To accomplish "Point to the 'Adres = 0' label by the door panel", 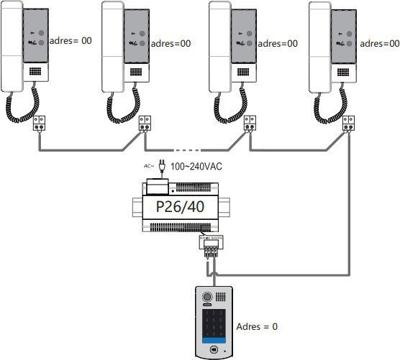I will point(257,326).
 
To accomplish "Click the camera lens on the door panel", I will point(209,296).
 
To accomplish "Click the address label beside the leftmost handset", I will point(73,42).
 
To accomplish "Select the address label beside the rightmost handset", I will point(379,43).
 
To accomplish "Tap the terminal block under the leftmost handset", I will point(41,123).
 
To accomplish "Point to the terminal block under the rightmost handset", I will point(348,123).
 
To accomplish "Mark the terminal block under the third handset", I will point(250,123).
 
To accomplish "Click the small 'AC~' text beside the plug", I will point(149,165).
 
